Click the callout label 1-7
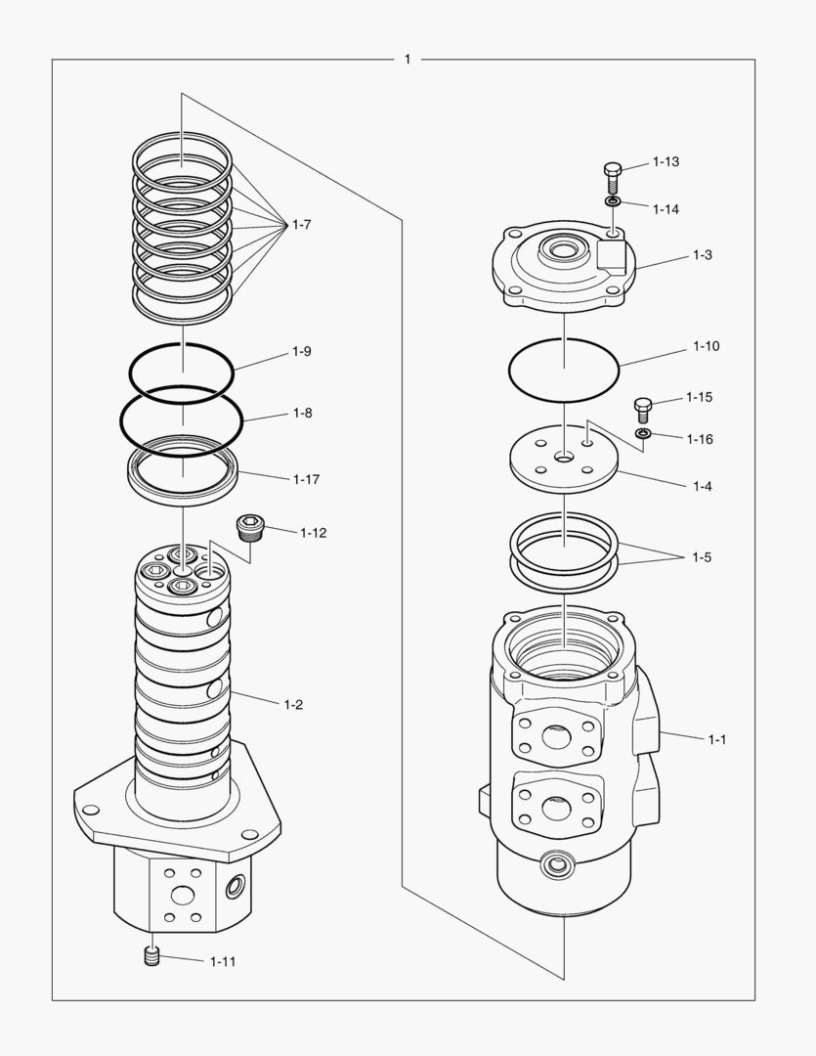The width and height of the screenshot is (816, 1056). pyautogui.click(x=301, y=225)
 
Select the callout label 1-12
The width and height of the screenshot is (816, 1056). pyautogui.click(x=314, y=533)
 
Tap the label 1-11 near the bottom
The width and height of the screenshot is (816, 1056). pyautogui.click(x=223, y=961)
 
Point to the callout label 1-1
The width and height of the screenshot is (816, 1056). pyautogui.click(x=717, y=739)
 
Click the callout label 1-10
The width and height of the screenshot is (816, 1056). pyautogui.click(x=706, y=346)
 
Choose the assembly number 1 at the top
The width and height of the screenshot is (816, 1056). pyautogui.click(x=408, y=60)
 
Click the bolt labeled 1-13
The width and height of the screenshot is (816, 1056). pyautogui.click(x=613, y=177)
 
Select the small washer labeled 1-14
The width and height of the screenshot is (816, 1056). pyautogui.click(x=613, y=201)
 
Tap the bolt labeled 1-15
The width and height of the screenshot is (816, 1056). pyautogui.click(x=643, y=407)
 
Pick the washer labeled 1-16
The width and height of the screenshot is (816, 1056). pyautogui.click(x=642, y=433)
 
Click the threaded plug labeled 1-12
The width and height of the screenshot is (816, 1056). pyautogui.click(x=251, y=528)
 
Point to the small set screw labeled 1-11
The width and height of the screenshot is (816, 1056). pyautogui.click(x=151, y=957)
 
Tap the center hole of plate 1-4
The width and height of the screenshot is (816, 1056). pyautogui.click(x=564, y=457)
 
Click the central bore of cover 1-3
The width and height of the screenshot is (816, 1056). pyautogui.click(x=563, y=251)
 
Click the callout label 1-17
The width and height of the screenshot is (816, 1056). pyautogui.click(x=306, y=479)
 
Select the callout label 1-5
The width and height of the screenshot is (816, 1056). pyautogui.click(x=702, y=557)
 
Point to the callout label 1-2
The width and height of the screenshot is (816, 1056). pyautogui.click(x=293, y=704)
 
